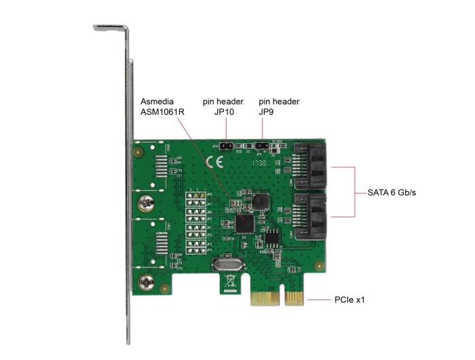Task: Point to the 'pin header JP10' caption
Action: [223, 107]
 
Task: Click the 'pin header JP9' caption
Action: [279, 107]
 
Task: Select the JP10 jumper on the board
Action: [227, 145]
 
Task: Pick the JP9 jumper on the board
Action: [263, 145]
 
